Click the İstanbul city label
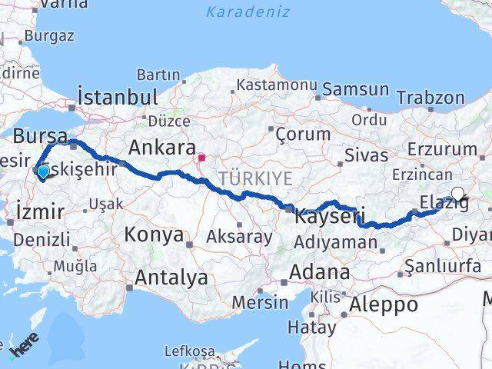tap(118, 98)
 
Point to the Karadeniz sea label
tap(248, 12)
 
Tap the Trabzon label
tap(431, 98)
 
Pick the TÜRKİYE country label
tap(256, 178)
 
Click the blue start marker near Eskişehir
tap(43, 173)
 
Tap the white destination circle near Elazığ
tap(458, 194)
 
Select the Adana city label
tap(319, 272)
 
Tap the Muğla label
tap(75, 267)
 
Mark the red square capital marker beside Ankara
tap(201, 159)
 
